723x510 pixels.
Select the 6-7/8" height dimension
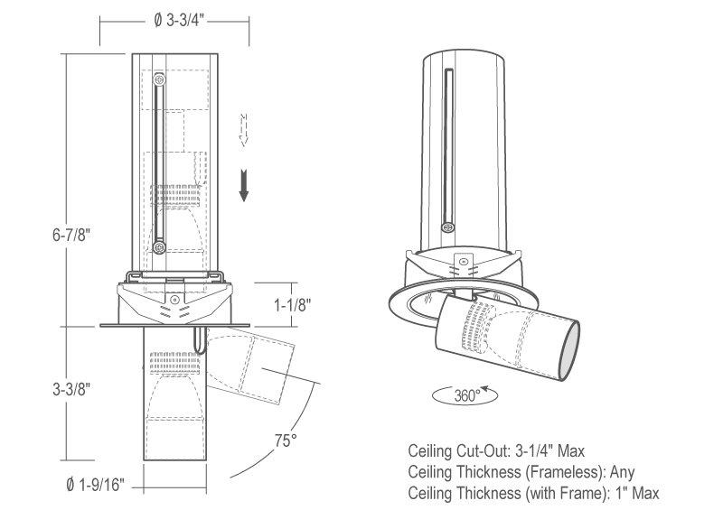coord(71,234)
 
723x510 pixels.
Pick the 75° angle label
coord(285,440)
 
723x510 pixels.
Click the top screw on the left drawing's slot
coord(159,79)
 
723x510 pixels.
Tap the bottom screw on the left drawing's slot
coord(159,246)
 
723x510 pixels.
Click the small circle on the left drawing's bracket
coord(174,298)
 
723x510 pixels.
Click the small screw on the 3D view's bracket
coord(462,261)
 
